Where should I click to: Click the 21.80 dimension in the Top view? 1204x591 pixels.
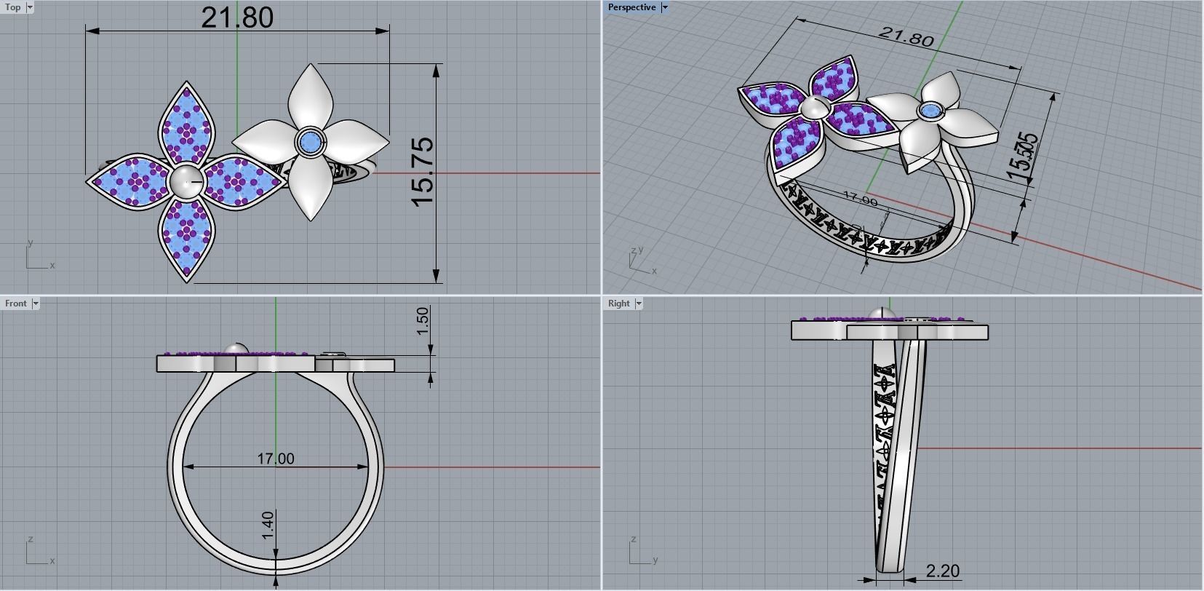[237, 17]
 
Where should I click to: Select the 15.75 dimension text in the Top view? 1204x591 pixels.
[423, 172]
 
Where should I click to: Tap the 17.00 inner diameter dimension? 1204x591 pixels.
[276, 459]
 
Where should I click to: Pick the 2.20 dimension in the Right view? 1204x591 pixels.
[943, 571]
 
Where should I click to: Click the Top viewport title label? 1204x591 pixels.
[13, 7]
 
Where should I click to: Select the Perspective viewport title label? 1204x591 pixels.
[631, 7]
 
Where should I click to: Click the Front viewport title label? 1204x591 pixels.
[15, 304]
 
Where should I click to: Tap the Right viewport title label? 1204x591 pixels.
[618, 304]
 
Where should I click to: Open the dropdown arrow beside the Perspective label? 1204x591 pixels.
[664, 7]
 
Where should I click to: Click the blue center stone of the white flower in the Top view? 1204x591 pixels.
[310, 143]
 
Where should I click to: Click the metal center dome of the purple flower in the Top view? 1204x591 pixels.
[185, 181]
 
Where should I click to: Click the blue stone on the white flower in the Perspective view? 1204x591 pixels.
[928, 111]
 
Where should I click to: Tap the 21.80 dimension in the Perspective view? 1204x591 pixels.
[906, 36]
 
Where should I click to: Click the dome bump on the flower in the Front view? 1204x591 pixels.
[236, 349]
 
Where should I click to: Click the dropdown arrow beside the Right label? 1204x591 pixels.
[639, 304]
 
